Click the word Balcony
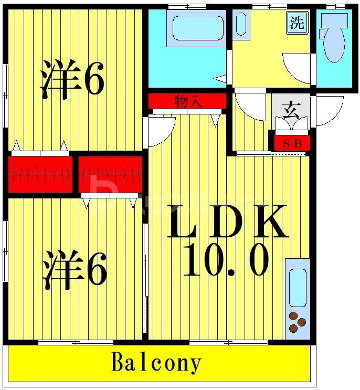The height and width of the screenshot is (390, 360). click(156, 363)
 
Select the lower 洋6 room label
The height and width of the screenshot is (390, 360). click(75, 270)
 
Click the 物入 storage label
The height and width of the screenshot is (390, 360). click(188, 101)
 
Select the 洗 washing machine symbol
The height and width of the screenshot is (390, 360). click(297, 24)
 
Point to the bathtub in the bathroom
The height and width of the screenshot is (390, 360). click(198, 28)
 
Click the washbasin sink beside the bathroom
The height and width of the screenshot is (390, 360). click(241, 24)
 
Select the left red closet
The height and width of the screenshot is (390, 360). click(40, 173)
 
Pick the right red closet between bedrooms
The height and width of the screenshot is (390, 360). click(110, 173)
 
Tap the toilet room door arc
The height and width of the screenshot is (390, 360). click(298, 68)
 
